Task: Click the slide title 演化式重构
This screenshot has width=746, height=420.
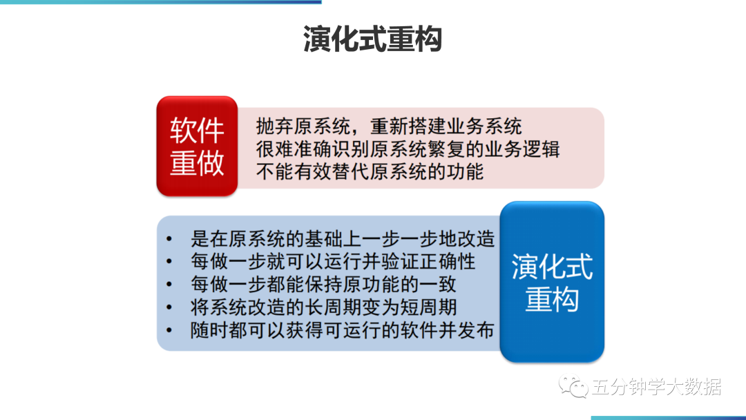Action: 372,39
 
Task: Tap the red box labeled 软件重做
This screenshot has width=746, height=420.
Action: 197,146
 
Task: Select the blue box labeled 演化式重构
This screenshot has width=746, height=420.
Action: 552,282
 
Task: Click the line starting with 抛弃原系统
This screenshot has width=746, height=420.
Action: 389,126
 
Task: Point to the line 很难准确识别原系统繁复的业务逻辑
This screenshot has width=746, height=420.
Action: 408,149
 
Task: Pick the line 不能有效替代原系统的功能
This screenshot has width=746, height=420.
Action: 370,172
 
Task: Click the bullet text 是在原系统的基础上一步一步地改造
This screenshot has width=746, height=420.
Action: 343,239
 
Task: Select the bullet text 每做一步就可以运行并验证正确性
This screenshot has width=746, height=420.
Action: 333,262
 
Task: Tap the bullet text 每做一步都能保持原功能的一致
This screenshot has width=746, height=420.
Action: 323,285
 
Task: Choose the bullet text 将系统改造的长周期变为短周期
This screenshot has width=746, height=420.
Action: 323,307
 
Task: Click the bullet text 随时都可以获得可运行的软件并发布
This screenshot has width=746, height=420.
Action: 343,330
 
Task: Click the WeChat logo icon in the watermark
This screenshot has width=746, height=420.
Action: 573,385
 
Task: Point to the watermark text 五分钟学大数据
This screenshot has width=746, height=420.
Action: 657,387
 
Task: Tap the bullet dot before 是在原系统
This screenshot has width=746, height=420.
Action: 169,239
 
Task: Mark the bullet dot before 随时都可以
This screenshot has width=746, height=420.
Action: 169,330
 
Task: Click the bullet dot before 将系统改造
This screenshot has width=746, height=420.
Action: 169,307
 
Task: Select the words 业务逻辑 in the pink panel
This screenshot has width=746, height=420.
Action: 522,149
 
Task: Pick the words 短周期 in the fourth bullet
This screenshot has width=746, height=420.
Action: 428,307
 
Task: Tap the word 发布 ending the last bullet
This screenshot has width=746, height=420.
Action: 476,330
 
